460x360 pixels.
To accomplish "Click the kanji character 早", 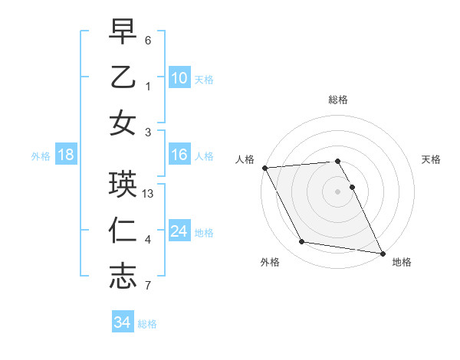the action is coord(123,31).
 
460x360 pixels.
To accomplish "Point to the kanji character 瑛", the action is coord(123,185).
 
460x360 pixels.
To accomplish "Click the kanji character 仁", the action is coord(123,231).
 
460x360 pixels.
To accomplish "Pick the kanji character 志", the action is coord(123,276).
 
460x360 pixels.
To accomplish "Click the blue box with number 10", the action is coord(179,77).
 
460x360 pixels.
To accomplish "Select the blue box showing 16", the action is coord(179,155).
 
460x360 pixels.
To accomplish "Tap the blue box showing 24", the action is coord(179,231).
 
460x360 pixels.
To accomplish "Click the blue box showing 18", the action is coord(66,155).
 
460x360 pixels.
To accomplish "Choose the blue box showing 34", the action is coord(123,322).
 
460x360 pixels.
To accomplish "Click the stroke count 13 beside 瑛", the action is coord(149,194).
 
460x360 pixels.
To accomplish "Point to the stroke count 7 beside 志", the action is coord(149,286).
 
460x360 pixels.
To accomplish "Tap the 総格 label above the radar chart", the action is coord(338,100).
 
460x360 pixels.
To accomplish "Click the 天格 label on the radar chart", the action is coord(432,159).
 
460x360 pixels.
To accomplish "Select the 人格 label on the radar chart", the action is coord(245,159).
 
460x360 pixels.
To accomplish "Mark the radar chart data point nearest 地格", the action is coord(382,253).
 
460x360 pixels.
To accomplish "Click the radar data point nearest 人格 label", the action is coord(264,168).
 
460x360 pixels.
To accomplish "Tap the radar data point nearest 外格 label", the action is coord(302,242).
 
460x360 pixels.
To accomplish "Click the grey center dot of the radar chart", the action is coord(338,191).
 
